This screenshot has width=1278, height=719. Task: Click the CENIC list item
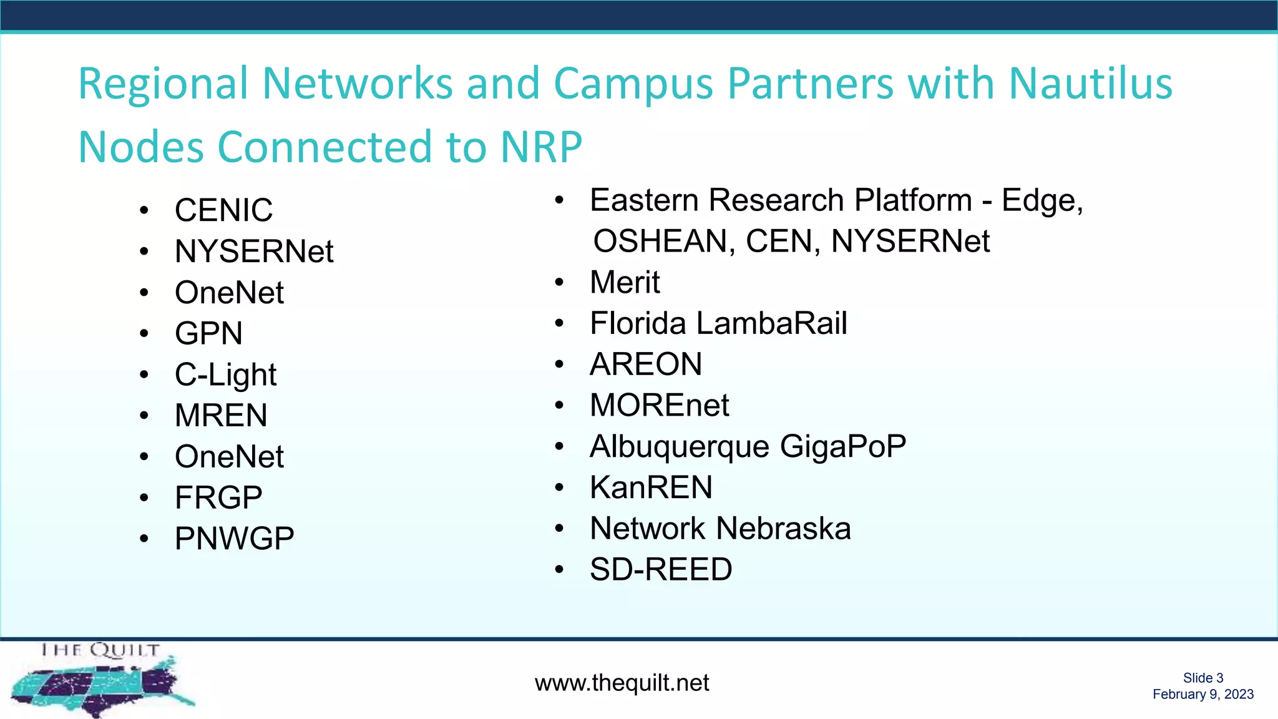(x=223, y=210)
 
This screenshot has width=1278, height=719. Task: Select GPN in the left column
(x=208, y=333)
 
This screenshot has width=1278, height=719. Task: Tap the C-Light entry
(x=225, y=374)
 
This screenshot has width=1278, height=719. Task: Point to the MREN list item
(x=221, y=416)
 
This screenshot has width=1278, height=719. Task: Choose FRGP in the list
(x=218, y=498)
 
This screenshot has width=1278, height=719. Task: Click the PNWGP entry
(x=234, y=539)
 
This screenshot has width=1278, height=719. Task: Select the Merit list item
(x=625, y=282)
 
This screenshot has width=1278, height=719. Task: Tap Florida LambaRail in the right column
(x=718, y=323)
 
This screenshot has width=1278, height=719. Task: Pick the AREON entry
(x=646, y=364)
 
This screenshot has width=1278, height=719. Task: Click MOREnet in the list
(x=659, y=406)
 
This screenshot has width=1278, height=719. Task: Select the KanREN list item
(x=651, y=487)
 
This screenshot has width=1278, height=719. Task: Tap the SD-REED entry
(x=661, y=570)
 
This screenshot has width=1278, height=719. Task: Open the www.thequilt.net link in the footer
(x=622, y=683)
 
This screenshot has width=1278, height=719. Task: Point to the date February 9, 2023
(x=1202, y=695)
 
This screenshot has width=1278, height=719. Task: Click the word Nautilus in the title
(x=1090, y=83)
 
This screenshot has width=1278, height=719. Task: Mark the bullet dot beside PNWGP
(x=144, y=539)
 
